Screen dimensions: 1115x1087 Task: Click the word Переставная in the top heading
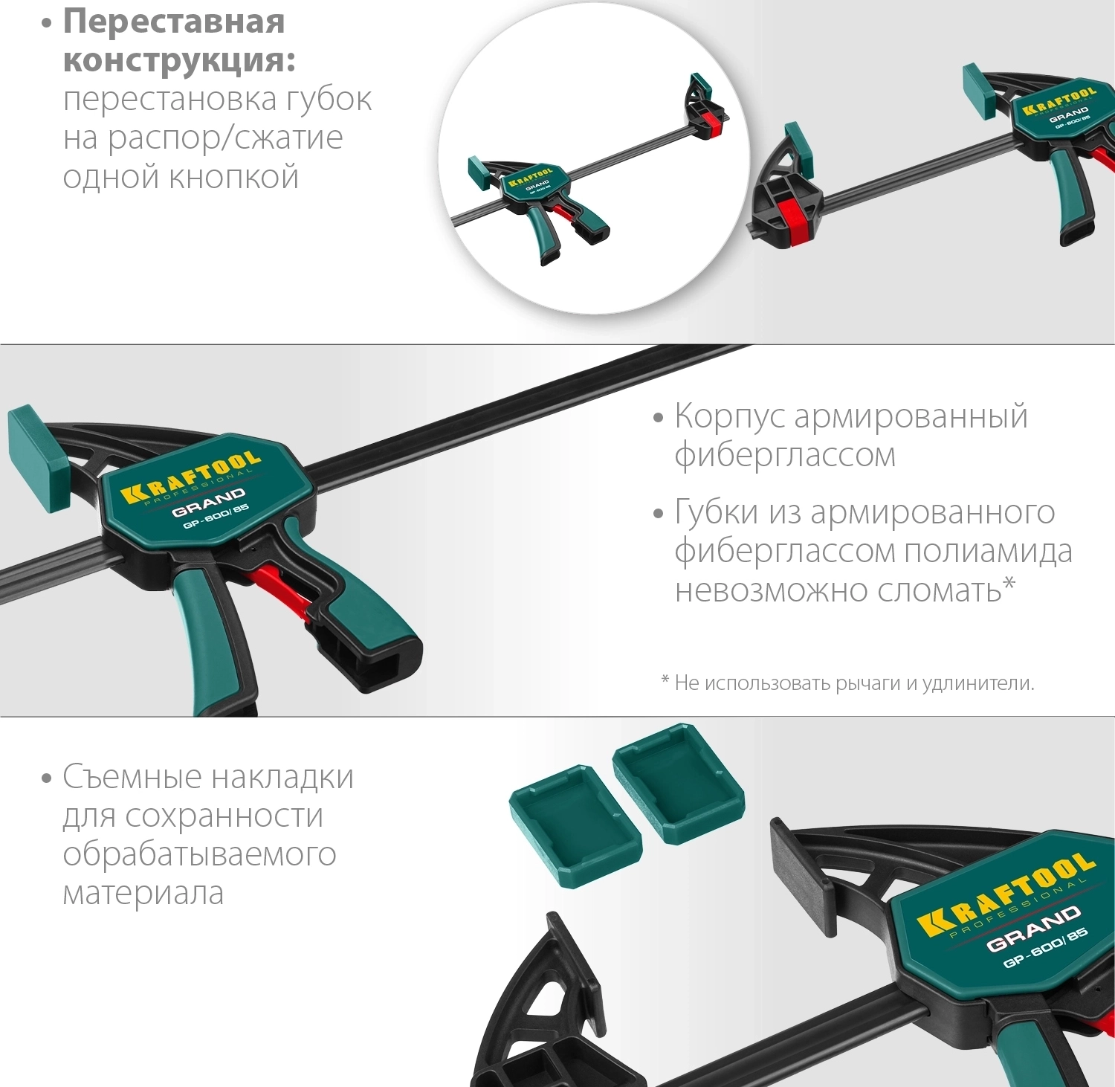tap(174, 22)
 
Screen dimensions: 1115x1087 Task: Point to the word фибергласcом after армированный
tap(785, 455)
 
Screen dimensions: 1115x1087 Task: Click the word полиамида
tap(988, 552)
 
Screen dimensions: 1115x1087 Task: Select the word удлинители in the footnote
tap(978, 683)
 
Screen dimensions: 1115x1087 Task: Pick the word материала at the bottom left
tap(143, 893)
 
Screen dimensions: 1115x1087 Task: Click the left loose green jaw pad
tap(575, 825)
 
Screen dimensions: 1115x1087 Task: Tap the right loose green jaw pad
tap(678, 784)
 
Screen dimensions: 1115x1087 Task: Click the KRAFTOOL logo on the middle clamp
tap(190, 477)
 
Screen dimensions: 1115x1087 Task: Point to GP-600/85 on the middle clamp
tap(216, 517)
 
